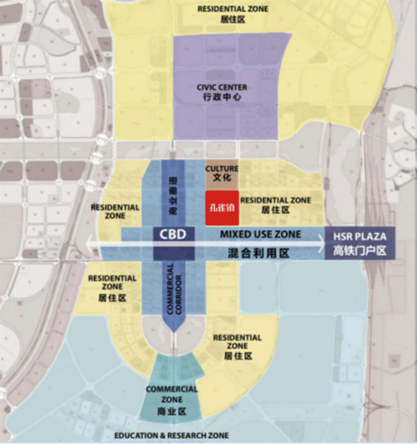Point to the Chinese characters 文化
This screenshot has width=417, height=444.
pyautogui.click(x=222, y=179)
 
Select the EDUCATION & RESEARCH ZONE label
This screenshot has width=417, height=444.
pyautogui.click(x=172, y=435)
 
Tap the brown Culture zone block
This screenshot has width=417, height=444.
pyautogui.click(x=222, y=174)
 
